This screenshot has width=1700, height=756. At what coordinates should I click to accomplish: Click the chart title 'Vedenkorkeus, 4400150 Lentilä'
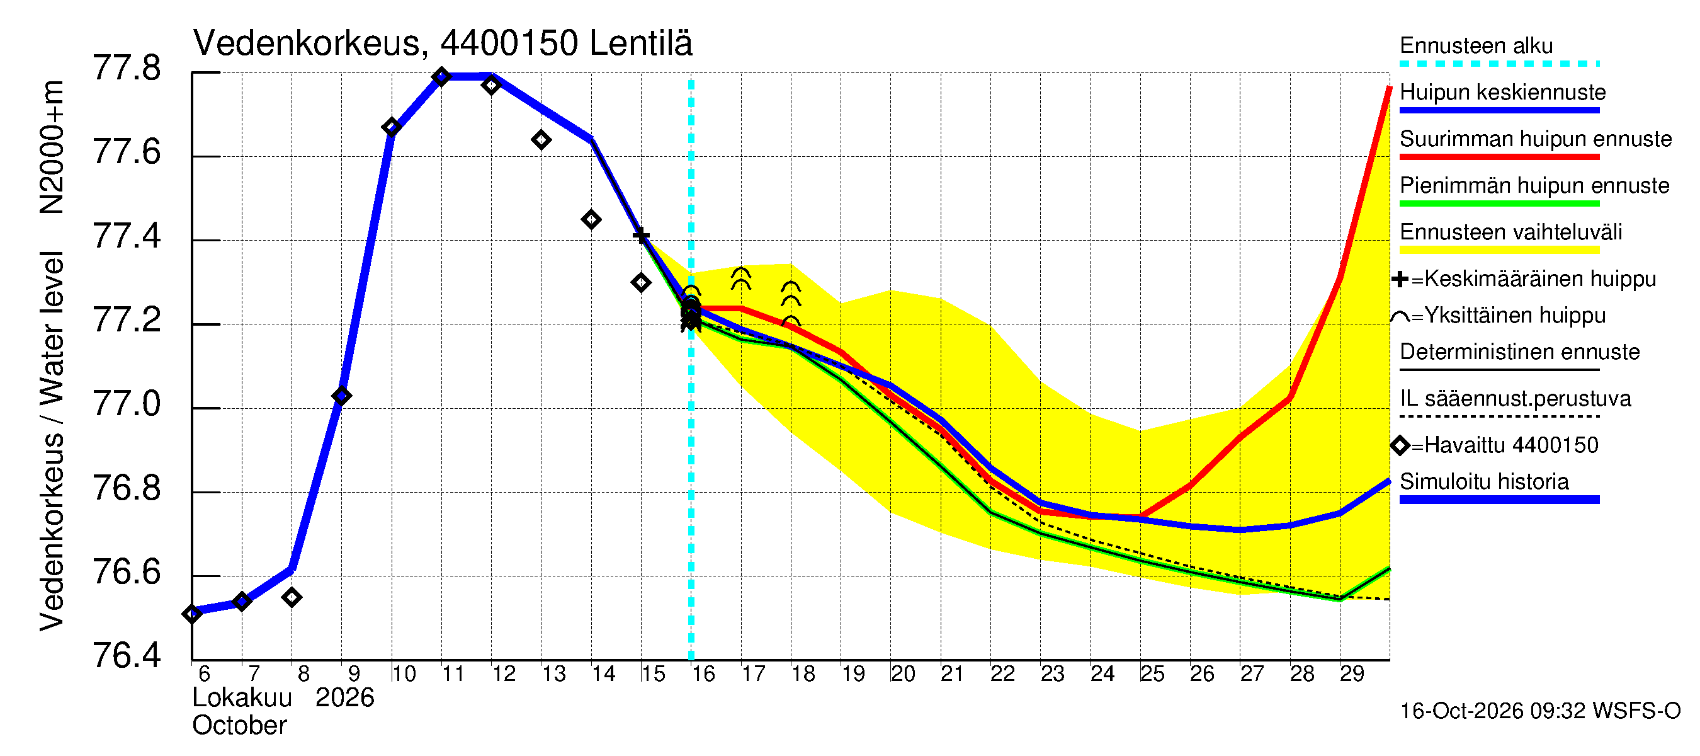pos(443,43)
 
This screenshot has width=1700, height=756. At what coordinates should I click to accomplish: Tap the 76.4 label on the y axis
pos(127,656)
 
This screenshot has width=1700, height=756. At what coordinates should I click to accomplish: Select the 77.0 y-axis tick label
pos(127,404)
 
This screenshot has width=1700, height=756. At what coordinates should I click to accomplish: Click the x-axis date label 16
pos(703,674)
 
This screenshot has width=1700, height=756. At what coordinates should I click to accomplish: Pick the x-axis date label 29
pos(1352,674)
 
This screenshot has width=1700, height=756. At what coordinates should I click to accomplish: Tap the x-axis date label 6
pos(204,674)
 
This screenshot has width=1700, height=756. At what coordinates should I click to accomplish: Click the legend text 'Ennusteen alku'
pos(1476,45)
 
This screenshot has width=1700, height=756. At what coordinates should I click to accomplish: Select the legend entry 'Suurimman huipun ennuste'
pos(1536,139)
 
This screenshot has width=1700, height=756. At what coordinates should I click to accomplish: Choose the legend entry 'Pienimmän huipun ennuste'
pos(1534,185)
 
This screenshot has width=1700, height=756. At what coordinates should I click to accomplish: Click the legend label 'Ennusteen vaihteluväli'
pos(1510,232)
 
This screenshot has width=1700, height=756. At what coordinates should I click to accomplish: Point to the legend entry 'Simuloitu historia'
pos(1484,481)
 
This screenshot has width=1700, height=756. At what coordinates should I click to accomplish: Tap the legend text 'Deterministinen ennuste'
pos(1520,352)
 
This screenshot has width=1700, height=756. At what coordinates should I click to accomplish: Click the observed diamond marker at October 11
pos(441,77)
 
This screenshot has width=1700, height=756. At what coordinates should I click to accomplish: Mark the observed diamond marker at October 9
pos(342,396)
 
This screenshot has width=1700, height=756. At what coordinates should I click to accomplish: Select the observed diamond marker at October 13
pos(541,140)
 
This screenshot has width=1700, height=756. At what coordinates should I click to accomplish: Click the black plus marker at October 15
pos(641,236)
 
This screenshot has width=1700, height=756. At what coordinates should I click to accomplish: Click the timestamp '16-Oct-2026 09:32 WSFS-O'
pos(1540,711)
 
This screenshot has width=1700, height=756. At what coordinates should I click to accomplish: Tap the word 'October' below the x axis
pos(239,726)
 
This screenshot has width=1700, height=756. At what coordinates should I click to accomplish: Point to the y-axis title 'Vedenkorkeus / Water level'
pos(52,441)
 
